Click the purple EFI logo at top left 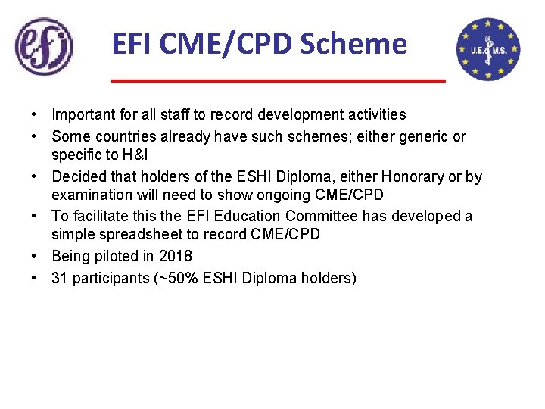tap(45, 47)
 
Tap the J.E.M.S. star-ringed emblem tap(488, 49)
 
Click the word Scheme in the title tap(353, 44)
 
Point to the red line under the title tap(278, 80)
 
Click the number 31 tap(59, 278)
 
